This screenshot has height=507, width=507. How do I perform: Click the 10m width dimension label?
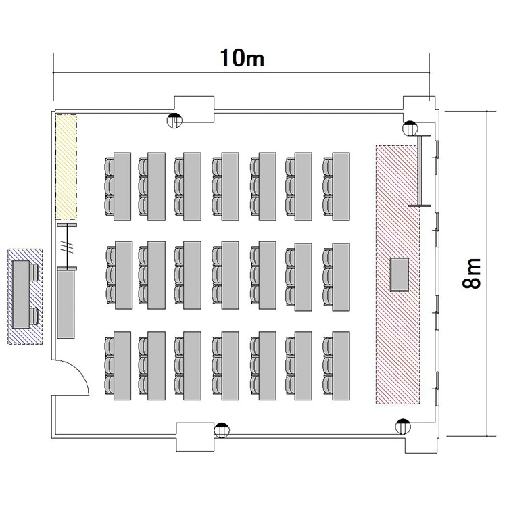pyautogui.click(x=242, y=58)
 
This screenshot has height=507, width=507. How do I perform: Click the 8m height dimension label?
pyautogui.click(x=472, y=273)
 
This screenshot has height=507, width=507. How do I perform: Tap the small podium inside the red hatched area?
pyautogui.click(x=400, y=274)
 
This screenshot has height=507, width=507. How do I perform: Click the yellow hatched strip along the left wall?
pyautogui.click(x=66, y=167)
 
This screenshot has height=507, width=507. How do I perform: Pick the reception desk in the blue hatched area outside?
pyautogui.click(x=21, y=295)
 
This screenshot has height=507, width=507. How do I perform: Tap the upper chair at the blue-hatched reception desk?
pyautogui.click(x=34, y=272)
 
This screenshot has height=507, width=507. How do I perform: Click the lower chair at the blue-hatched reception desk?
pyautogui.click(x=34, y=316)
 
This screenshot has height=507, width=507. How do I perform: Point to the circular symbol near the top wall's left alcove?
pyautogui.click(x=174, y=120)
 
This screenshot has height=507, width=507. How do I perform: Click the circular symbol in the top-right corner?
pyautogui.click(x=410, y=128)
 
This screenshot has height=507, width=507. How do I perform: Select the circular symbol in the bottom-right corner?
pyautogui.click(x=403, y=427)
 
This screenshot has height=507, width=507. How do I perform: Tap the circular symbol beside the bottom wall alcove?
pyautogui.click(x=222, y=431)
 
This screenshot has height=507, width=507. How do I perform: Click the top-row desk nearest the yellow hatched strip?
pyautogui.click(x=122, y=187)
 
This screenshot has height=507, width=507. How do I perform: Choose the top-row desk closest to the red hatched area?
pyautogui.click(x=341, y=187)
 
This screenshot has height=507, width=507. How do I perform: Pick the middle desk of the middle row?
pyautogui.click(x=231, y=275)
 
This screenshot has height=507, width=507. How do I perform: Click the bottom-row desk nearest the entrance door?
pyautogui.click(x=122, y=366)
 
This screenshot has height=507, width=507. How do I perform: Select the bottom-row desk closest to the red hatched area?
pyautogui.click(x=341, y=366)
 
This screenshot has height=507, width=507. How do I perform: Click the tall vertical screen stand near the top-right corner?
pyautogui.click(x=420, y=170)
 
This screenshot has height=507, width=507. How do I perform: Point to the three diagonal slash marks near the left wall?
pyautogui.click(x=67, y=247)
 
